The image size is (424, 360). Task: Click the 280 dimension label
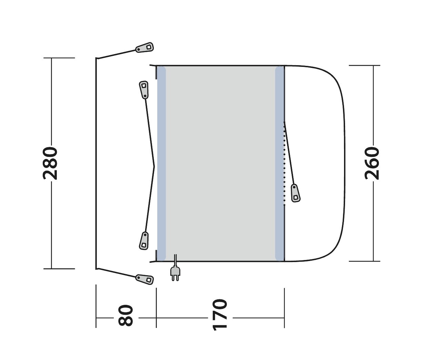pos(50,163)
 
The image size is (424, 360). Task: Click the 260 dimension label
pos(372,163)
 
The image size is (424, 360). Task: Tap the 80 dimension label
pos(126,318)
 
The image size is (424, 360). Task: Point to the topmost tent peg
pos(144,47)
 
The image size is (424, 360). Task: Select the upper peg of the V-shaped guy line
pos(144,90)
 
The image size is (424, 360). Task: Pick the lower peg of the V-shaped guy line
pos(144,241)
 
